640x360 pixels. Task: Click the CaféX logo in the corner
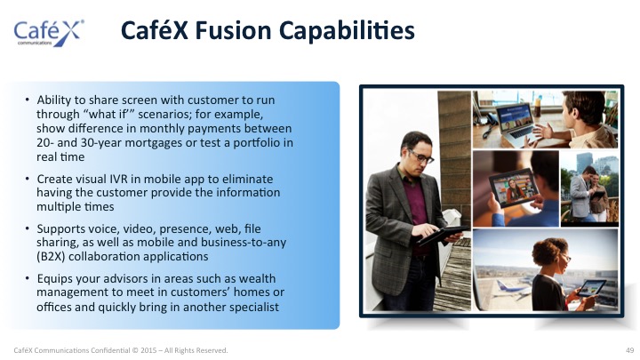pos(49,32)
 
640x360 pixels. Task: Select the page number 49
pos(630,350)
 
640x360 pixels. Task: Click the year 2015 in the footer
pos(148,350)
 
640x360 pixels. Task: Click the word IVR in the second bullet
pos(119,179)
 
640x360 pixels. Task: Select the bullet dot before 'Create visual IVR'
pos(27,179)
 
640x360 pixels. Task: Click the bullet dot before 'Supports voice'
pos(27,228)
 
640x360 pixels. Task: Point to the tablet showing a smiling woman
pos(511,188)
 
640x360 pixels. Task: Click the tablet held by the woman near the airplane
pos(590,288)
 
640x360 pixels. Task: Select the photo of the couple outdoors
pos(590,188)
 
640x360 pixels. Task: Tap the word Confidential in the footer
pos(110,350)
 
